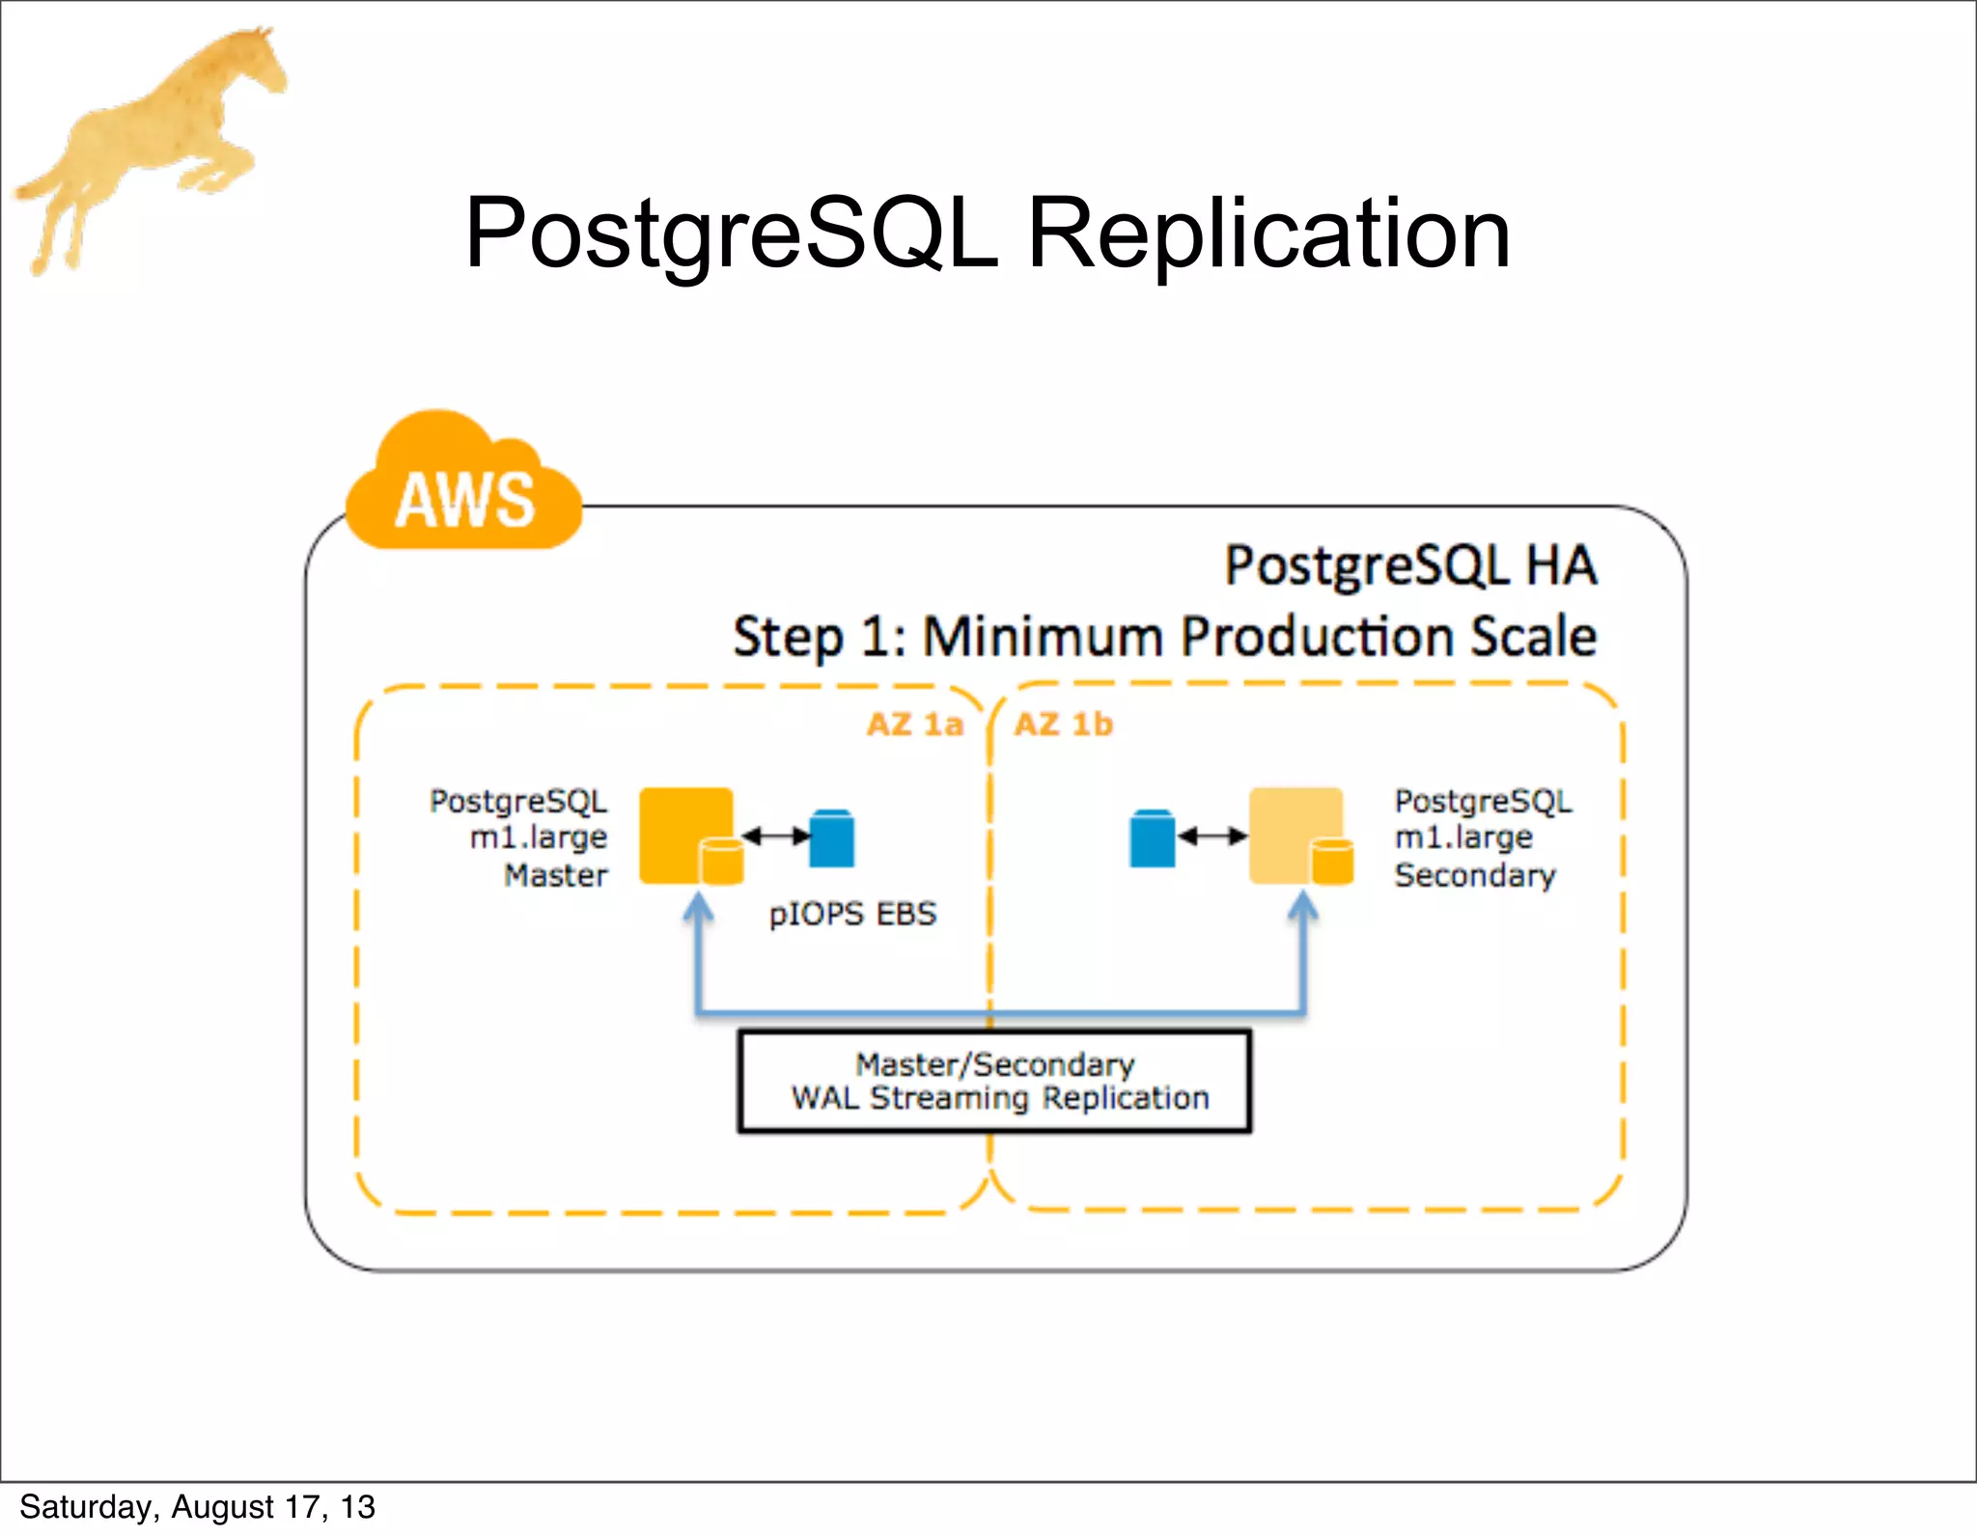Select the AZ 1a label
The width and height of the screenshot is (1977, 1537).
914,724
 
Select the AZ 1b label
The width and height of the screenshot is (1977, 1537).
1063,724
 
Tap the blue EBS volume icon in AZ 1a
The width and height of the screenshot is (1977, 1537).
831,837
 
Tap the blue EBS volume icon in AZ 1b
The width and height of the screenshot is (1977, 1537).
1152,837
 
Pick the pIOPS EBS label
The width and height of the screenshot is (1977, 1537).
852,914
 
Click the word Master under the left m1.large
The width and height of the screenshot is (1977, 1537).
556,875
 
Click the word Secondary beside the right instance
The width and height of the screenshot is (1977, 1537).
1474,875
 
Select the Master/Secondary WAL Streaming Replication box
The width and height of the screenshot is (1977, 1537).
994,1082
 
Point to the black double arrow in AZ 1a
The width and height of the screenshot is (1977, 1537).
776,836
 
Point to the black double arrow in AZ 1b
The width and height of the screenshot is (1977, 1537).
1212,836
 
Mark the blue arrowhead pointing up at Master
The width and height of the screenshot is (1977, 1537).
698,907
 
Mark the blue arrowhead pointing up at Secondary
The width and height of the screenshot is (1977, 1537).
1303,907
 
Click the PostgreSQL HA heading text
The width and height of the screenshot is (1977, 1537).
1409,565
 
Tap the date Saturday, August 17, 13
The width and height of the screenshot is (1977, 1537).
197,1507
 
